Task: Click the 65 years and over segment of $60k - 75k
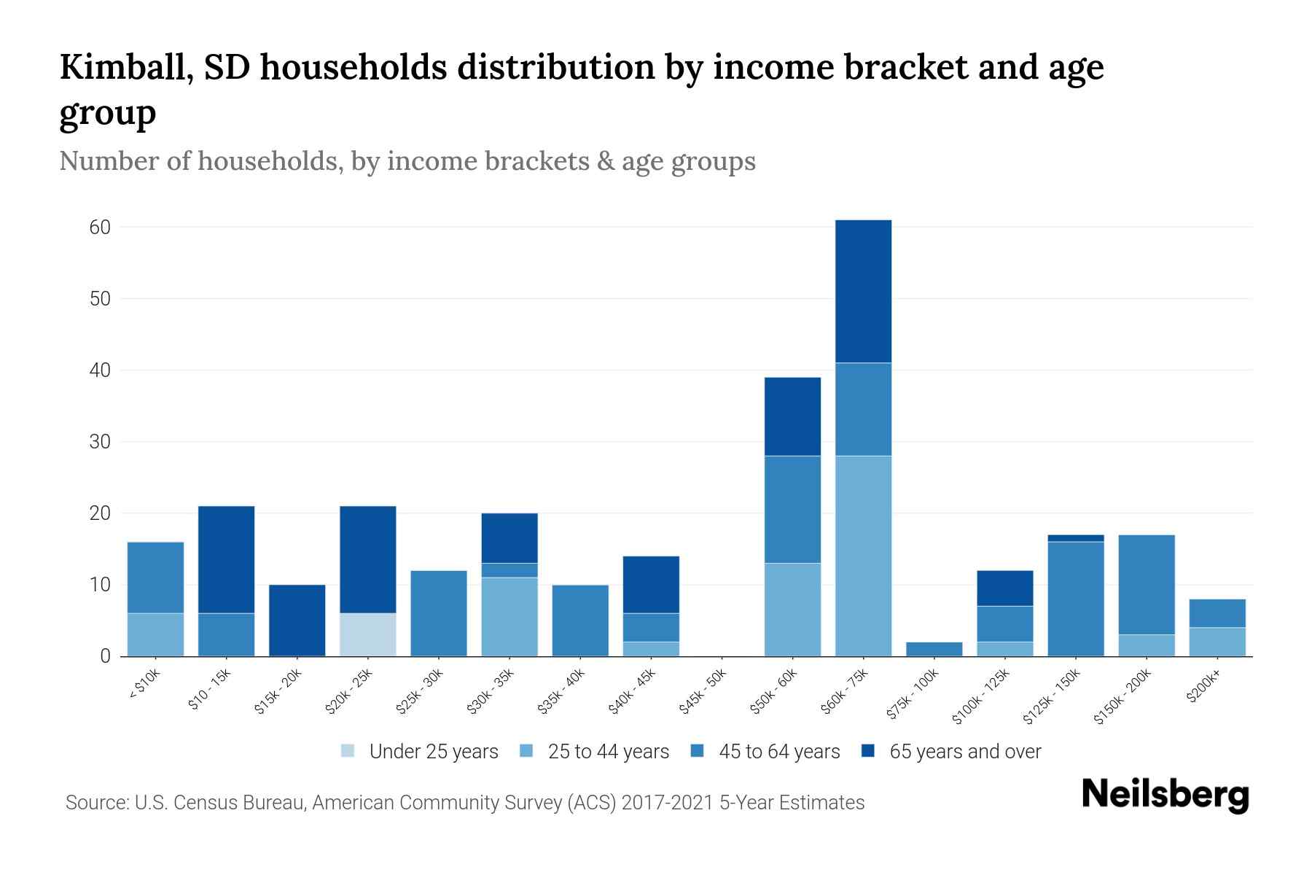(863, 291)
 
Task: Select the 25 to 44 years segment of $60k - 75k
(863, 556)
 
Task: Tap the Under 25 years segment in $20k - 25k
(368, 634)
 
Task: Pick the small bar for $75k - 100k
(934, 649)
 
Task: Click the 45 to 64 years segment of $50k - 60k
(792, 509)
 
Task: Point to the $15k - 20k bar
(297, 620)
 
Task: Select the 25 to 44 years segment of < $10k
(155, 634)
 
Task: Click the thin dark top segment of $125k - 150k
(1075, 538)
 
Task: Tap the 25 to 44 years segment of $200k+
(1217, 642)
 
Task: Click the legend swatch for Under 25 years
(348, 751)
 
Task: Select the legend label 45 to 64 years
(778, 751)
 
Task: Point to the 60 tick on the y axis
(100, 227)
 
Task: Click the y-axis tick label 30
(100, 442)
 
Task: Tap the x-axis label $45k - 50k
(703, 692)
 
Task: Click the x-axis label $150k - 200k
(1123, 696)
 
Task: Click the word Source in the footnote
(95, 803)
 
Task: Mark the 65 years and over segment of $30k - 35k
(509, 538)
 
